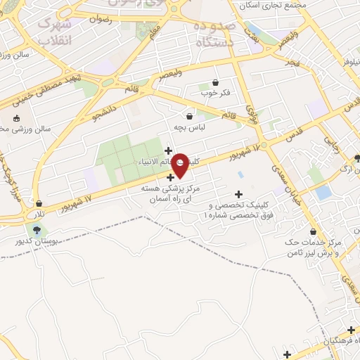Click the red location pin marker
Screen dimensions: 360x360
point(181,165)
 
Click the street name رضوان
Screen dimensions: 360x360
point(101,20)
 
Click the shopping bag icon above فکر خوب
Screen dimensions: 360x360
point(215,83)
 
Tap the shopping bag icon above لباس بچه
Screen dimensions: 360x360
point(189,116)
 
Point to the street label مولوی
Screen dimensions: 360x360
point(250,112)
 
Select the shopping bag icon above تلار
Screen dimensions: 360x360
point(39,203)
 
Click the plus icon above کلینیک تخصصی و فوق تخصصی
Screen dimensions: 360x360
point(238,194)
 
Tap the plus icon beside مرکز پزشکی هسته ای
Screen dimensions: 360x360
point(170,177)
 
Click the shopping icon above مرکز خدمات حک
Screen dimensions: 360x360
point(313,232)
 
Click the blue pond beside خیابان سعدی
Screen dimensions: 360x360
point(323,192)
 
